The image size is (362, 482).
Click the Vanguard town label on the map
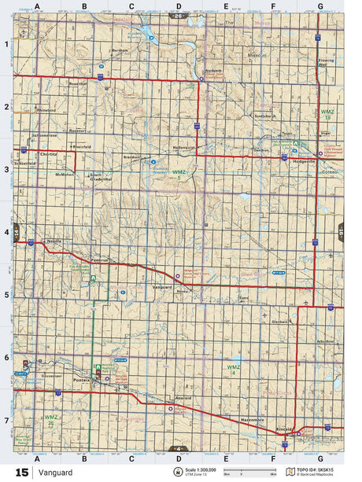click(x=161, y=287)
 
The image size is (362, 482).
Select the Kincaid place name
click(x=286, y=428)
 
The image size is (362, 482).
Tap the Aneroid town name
click(x=184, y=399)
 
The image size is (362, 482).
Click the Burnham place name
click(x=120, y=51)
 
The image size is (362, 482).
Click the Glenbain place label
click(x=280, y=322)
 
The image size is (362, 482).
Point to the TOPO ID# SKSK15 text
click(x=316, y=469)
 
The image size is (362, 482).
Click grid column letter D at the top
click(x=178, y=6)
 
